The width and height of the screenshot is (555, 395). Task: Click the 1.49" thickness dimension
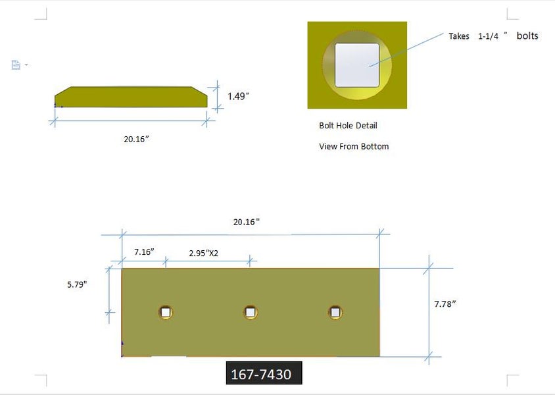click(238, 96)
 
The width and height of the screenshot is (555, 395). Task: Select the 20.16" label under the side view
click(136, 139)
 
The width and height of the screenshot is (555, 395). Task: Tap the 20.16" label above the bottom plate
click(247, 222)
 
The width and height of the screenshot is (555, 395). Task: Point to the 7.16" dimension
click(144, 252)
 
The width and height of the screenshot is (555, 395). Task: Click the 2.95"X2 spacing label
click(204, 253)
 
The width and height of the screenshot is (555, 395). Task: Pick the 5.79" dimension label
click(77, 284)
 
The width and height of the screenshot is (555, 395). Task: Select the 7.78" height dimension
click(445, 304)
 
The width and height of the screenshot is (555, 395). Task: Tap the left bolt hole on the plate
click(165, 312)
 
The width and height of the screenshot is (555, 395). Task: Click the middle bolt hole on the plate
click(251, 312)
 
